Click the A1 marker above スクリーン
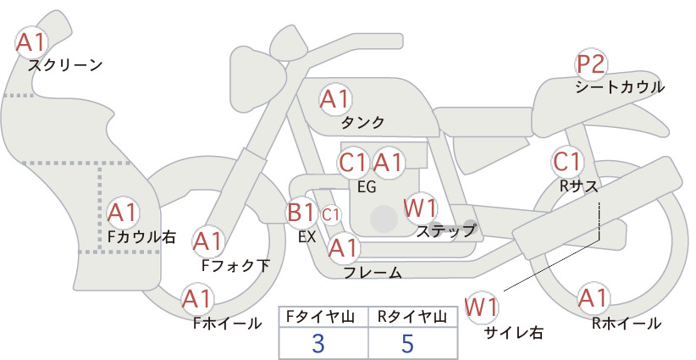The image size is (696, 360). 31,42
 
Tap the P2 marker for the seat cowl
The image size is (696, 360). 591,64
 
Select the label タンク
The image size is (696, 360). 362,122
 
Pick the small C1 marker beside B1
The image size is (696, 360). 331,215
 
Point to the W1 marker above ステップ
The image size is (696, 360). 420,208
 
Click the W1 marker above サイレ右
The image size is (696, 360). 482,307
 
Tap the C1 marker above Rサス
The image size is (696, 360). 566,162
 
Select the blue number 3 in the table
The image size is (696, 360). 318,343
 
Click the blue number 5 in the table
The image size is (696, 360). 407,343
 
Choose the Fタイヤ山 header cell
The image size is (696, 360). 323,317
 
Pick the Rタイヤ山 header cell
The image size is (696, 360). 413,317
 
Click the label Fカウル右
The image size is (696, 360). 142,236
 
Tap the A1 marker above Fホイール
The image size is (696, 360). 197,299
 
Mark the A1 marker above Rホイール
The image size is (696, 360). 593,298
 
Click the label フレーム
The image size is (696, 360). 373,273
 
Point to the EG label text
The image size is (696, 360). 367,187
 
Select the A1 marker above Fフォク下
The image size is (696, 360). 207,242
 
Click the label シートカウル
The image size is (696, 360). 620,87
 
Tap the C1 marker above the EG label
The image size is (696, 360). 354,163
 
